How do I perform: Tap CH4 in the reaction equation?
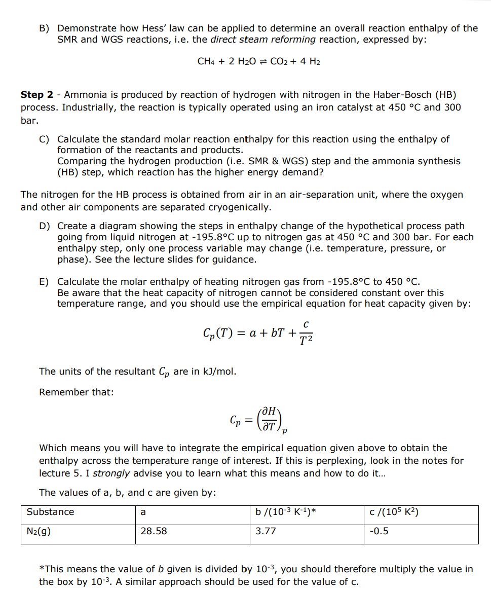click(206, 61)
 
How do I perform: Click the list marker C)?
click(45, 139)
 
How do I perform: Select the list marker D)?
click(45, 226)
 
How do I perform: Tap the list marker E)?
click(45, 282)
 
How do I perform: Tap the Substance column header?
click(50, 512)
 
